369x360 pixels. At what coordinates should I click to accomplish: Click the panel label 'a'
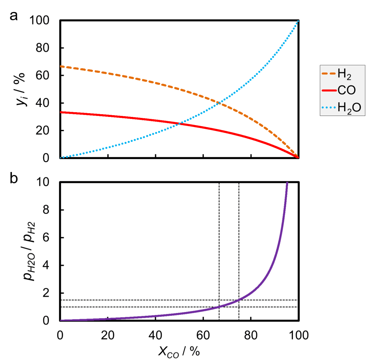pyautogui.click(x=14, y=16)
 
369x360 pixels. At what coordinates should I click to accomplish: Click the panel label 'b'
pyautogui.click(x=14, y=178)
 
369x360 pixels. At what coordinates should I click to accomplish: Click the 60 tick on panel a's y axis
pyautogui.click(x=46, y=76)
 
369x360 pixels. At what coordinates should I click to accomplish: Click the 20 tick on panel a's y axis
pyautogui.click(x=46, y=131)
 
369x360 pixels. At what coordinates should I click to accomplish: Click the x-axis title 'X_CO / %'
pyautogui.click(x=180, y=350)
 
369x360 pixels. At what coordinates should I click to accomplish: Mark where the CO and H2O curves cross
pyautogui.click(x=179, y=123)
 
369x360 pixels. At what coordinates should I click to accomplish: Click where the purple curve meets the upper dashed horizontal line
pyautogui.click(x=239, y=300)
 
